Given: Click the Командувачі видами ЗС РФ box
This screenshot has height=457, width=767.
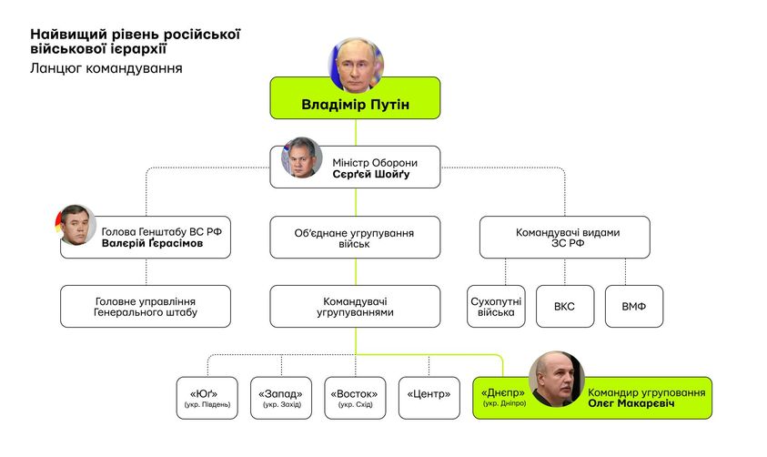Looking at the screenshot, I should (564, 238).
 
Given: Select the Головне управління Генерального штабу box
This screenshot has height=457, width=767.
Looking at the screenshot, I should (146, 307).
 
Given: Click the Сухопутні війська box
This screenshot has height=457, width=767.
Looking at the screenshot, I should (496, 307).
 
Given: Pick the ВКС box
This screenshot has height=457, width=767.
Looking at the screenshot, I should (564, 307).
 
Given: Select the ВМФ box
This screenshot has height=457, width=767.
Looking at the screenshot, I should (633, 307).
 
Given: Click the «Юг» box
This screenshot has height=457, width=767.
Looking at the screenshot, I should (207, 398).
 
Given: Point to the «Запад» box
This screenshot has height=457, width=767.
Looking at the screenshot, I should (281, 398).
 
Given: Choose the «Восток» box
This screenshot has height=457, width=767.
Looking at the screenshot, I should (355, 398).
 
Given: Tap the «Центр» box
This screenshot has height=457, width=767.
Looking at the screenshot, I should (429, 398).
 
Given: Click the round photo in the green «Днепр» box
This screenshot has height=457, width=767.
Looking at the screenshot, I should (556, 379).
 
